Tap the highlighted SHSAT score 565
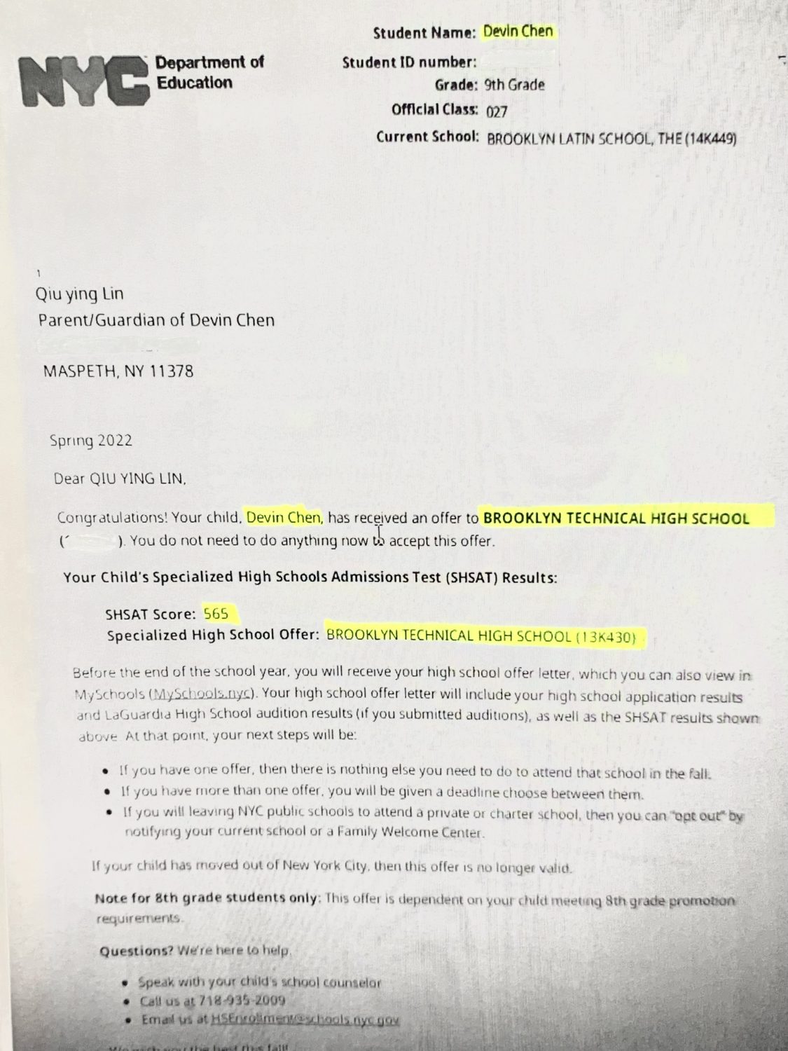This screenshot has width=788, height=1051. click(x=216, y=614)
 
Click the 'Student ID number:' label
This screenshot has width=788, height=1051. click(x=409, y=62)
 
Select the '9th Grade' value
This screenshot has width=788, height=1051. click(x=514, y=85)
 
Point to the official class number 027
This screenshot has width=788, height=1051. click(x=497, y=111)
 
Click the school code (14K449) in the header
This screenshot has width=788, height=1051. click(x=712, y=138)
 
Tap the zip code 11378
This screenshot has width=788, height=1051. click(x=172, y=371)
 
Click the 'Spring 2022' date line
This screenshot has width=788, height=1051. click(x=91, y=441)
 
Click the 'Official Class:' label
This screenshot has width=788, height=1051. click(x=435, y=110)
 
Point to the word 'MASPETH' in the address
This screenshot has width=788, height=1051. click(x=79, y=371)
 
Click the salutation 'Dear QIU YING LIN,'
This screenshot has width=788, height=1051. click(x=120, y=479)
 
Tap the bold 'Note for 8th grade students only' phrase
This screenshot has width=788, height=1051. click(x=207, y=898)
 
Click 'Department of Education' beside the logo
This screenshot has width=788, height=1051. click(x=209, y=73)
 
